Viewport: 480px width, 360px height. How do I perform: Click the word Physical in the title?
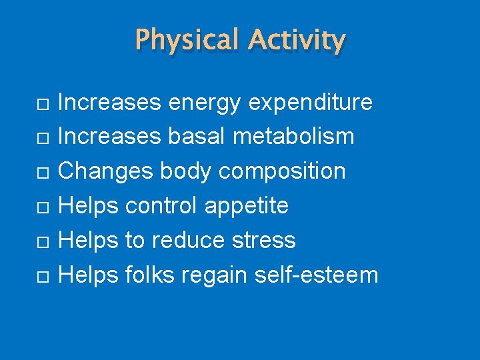click(x=187, y=41)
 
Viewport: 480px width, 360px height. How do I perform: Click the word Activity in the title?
click(x=297, y=41)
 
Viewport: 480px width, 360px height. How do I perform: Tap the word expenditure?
click(x=311, y=103)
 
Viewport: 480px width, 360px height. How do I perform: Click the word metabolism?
click(x=294, y=137)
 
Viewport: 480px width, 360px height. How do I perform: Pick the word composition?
click(x=282, y=171)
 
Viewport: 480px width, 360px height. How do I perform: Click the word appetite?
click(x=247, y=206)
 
